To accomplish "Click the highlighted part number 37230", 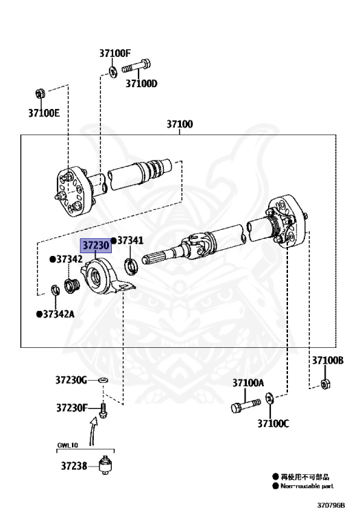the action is pos(96,246).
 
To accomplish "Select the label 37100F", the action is pos(115,53).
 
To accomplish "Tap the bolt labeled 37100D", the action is pos(136,66).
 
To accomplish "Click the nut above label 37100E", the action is pos(40,93).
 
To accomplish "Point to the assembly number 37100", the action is pos(180,124).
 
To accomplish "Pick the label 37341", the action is pos(130,240).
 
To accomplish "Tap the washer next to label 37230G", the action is pos(103,380).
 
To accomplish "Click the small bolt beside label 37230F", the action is pos(104,410).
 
